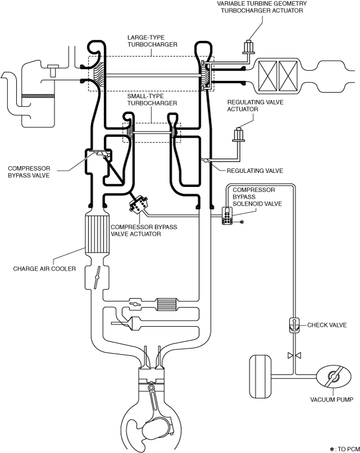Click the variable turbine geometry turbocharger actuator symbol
(x=248, y=47)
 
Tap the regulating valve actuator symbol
(x=239, y=135)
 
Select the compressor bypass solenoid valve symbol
(x=227, y=216)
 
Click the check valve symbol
(x=294, y=326)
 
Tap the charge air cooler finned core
(x=98, y=234)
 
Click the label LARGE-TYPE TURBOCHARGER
(x=152, y=41)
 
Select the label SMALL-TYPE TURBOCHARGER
(x=152, y=100)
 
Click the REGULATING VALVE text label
(x=255, y=171)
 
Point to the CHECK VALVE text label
(x=327, y=325)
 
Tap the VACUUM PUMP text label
(x=332, y=400)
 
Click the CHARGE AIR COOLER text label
(x=44, y=269)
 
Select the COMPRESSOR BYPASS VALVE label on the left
(x=29, y=172)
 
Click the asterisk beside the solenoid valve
(x=242, y=222)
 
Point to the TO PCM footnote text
(x=345, y=449)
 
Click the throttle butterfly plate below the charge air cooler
(x=97, y=277)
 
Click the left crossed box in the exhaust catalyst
(x=267, y=76)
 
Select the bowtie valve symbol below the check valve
(x=294, y=355)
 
